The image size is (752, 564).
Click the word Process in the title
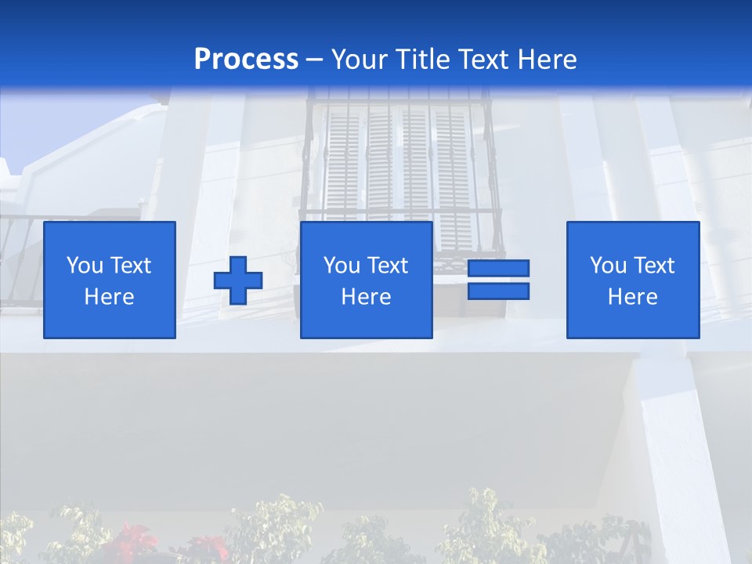tap(246, 60)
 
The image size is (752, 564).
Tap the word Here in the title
tap(548, 60)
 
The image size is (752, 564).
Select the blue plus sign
tap(238, 280)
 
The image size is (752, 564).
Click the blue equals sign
tap(498, 280)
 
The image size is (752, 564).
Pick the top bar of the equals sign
tap(498, 268)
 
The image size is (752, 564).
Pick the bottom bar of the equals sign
tap(498, 291)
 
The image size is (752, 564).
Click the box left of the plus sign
tap(109, 280)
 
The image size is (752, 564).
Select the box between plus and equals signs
tap(366, 280)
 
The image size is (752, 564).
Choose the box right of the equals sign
tap(632, 280)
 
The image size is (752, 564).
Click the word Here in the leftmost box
tap(109, 297)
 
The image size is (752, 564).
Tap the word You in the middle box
tap(342, 266)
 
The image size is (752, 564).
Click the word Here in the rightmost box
tap(632, 297)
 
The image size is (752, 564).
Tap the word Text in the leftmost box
tap(131, 266)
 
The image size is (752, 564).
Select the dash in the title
tap(314, 60)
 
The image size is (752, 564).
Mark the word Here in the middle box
tap(366, 297)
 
